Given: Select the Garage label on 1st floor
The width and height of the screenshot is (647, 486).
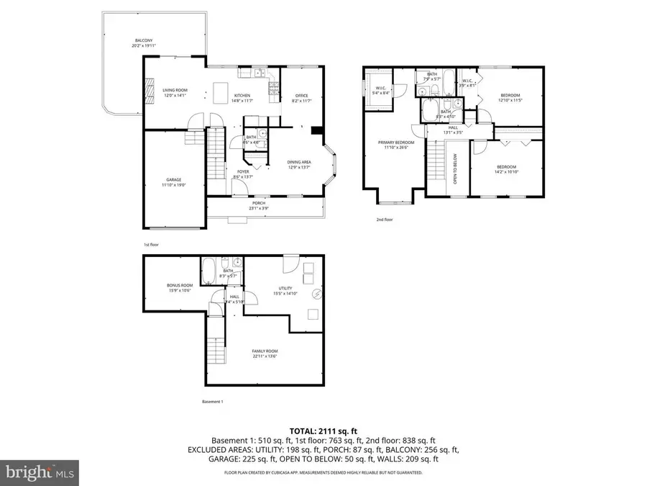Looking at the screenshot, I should (173, 182).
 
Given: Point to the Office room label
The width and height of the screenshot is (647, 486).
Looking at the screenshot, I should (301, 98).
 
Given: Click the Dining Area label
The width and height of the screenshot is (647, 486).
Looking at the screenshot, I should (299, 164).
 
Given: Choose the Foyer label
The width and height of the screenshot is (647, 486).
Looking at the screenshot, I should (244, 174).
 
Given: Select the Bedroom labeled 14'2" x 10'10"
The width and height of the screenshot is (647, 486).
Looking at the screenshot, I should (506, 169).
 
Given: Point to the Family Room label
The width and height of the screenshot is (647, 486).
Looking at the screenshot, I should (264, 354).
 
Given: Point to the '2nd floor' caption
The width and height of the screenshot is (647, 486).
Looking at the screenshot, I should (385, 220).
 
